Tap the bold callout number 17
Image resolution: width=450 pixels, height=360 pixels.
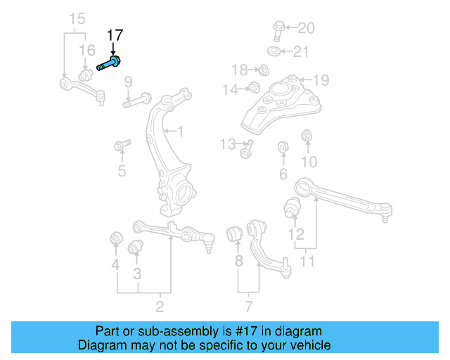click(x=114, y=36)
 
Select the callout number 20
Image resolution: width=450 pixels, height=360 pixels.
click(x=306, y=29)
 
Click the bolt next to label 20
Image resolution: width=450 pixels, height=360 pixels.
click(x=276, y=31)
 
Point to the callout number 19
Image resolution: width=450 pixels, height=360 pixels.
click(x=321, y=79)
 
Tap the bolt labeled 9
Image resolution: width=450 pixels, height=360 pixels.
click(x=137, y=101)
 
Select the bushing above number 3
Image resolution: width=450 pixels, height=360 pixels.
click(x=135, y=247)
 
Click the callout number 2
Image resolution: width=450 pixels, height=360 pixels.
click(x=160, y=306)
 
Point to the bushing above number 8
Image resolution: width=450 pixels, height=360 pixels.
click(x=237, y=234)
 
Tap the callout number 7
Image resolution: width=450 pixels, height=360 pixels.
click(x=248, y=306)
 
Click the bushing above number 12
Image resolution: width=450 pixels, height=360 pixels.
click(x=292, y=208)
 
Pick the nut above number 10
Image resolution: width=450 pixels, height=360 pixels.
click(x=307, y=136)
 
